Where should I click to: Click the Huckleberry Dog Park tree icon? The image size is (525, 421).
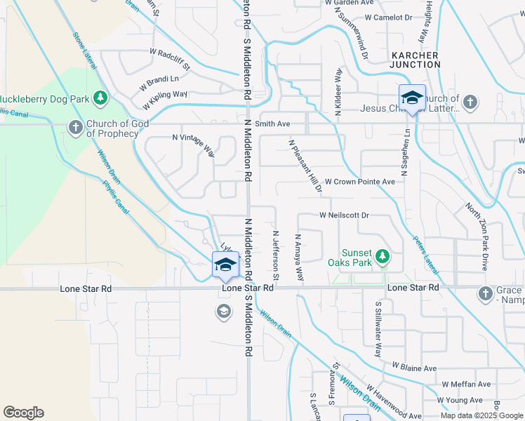[x=101, y=97]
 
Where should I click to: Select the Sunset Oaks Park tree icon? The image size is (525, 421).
[x=383, y=257]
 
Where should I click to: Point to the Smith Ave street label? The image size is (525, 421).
[x=272, y=123]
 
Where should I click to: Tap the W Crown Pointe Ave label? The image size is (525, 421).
[x=359, y=182]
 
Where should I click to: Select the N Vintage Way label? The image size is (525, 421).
[x=194, y=142]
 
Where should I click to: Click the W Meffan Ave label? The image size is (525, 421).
[x=466, y=385]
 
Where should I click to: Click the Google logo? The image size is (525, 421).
[x=23, y=413]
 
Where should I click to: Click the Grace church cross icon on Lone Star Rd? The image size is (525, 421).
[x=485, y=293]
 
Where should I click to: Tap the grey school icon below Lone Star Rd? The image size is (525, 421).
[x=224, y=312]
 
